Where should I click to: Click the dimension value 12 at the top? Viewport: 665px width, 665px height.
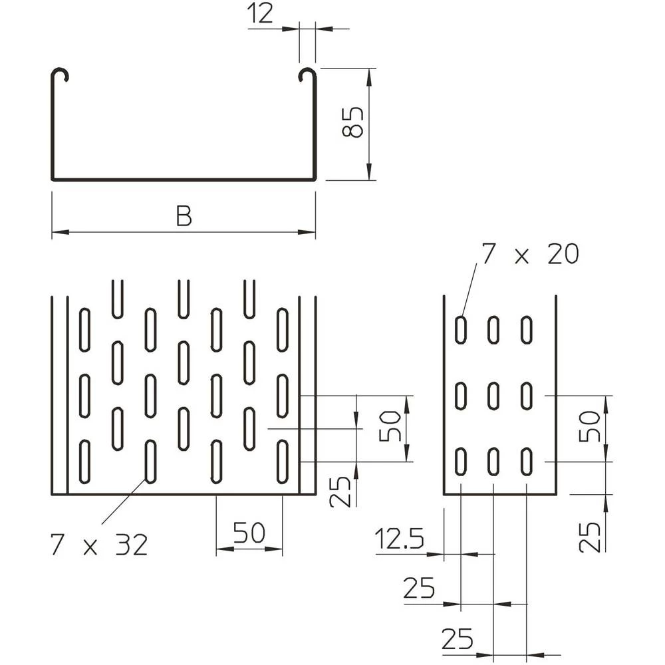[x=260, y=14]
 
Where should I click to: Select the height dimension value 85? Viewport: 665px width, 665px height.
[x=352, y=122]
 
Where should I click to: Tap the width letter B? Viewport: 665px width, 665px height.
[x=184, y=216]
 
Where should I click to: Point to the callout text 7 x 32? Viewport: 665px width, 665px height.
[x=98, y=545]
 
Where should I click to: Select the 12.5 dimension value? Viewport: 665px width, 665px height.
[x=399, y=539]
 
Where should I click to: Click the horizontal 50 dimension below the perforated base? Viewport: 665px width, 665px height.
[x=249, y=533]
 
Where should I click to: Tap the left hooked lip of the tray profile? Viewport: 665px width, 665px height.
[x=61, y=74]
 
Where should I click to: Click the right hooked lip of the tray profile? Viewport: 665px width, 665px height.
[x=307, y=74]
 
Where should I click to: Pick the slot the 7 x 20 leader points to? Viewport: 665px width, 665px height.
[x=460, y=330]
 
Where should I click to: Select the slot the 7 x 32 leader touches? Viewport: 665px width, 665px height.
[x=150, y=461]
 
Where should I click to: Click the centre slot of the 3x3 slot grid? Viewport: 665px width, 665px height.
[x=493, y=396]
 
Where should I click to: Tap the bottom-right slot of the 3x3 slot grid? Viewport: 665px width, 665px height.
[x=526, y=462]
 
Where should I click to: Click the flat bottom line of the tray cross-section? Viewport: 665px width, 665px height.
[x=184, y=180]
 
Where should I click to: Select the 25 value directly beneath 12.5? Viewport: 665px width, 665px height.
[x=419, y=588]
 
